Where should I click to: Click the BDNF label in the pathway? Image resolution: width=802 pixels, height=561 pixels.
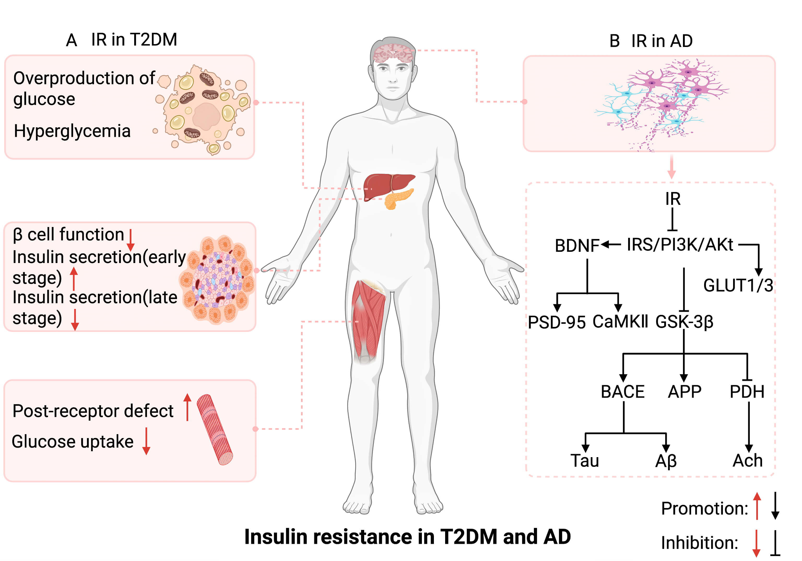pyautogui.click(x=577, y=246)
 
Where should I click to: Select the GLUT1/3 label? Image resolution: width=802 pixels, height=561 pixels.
pyautogui.click(x=738, y=285)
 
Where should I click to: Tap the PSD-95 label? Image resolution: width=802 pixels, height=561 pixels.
pyautogui.click(x=556, y=322)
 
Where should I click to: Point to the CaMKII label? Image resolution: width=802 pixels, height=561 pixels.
pyautogui.click(x=620, y=321)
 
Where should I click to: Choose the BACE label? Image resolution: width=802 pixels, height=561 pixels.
pyautogui.click(x=622, y=391)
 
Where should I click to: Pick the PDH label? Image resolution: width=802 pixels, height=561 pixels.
pyautogui.click(x=747, y=391)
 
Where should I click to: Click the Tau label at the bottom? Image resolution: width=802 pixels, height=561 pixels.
pyautogui.click(x=584, y=461)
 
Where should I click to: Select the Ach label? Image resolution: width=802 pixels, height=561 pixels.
pyautogui.click(x=747, y=461)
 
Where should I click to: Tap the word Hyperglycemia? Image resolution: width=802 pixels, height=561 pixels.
pyautogui.click(x=72, y=131)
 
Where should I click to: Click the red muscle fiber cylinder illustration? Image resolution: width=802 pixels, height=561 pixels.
pyautogui.click(x=215, y=429)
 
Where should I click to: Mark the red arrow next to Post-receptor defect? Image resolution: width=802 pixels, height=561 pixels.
pyautogui.click(x=187, y=407)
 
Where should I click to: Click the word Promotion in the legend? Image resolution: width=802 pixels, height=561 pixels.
pyautogui.click(x=704, y=508)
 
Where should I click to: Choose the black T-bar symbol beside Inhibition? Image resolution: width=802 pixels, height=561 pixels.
pyautogui.click(x=775, y=542)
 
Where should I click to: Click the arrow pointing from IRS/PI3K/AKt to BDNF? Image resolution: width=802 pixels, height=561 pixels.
pyautogui.click(x=611, y=245)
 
